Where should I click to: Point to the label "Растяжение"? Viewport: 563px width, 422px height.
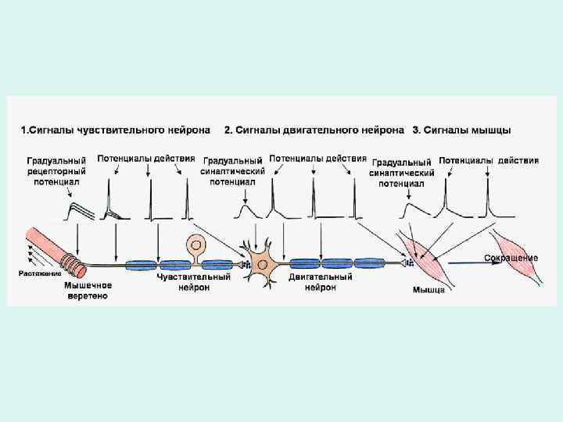tap(40, 273)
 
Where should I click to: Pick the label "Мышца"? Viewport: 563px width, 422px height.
tap(429, 290)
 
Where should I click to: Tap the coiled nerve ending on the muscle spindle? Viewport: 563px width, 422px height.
tap(73, 264)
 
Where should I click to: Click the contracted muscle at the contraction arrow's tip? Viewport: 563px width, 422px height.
tap(516, 256)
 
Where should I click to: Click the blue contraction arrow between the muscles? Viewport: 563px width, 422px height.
tap(477, 264)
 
